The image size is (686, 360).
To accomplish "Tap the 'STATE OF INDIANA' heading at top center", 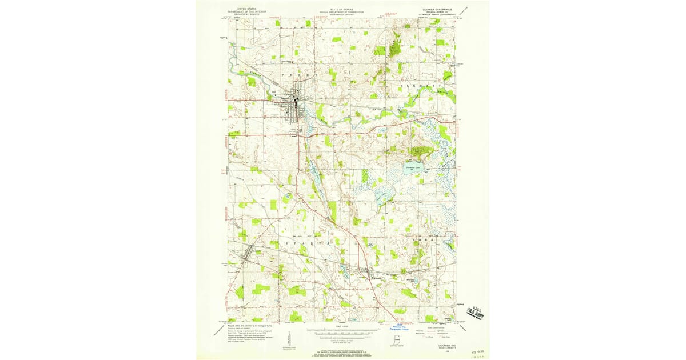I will click(342, 10).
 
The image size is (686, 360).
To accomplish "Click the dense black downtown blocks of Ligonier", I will click(296, 103).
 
